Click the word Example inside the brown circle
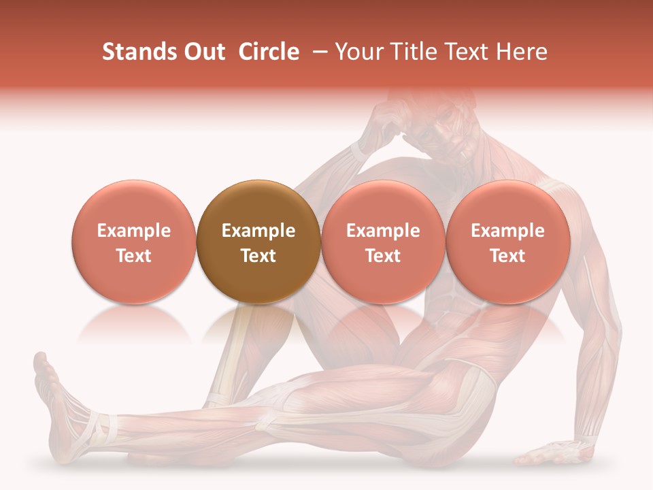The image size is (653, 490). click(x=258, y=231)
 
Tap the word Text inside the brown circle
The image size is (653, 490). click(x=258, y=256)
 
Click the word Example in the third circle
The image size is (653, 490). click(x=383, y=231)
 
